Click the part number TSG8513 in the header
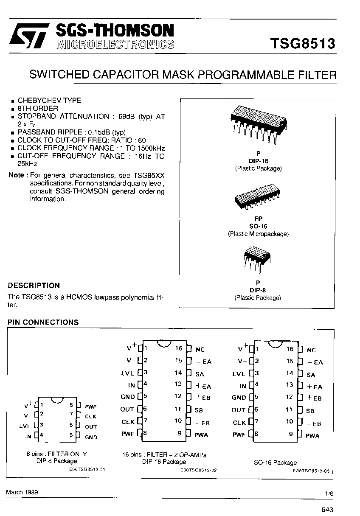[x=303, y=44]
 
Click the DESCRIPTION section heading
[x=34, y=286]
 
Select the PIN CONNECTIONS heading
[x=43, y=322]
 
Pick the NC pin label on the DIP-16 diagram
[x=200, y=350]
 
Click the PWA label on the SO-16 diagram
[x=312, y=436]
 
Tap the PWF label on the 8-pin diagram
[x=91, y=407]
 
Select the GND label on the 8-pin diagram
[x=91, y=437]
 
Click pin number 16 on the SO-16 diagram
[x=290, y=349]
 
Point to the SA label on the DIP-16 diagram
[x=200, y=374]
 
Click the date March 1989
[x=22, y=492]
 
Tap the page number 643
[x=327, y=510]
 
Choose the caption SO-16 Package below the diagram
[x=276, y=463]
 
